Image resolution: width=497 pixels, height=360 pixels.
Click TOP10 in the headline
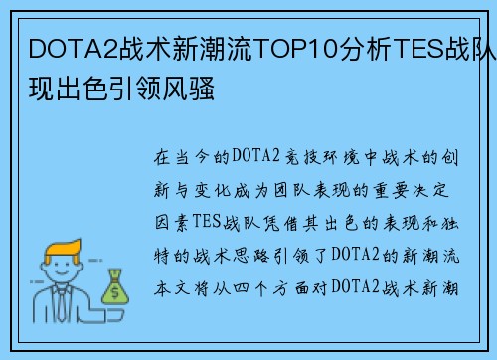(x=296, y=49)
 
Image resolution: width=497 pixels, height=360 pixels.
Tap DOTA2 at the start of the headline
(x=74, y=49)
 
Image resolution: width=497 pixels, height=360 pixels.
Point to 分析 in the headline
(x=366, y=49)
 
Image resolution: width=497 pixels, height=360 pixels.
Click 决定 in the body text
(x=430, y=190)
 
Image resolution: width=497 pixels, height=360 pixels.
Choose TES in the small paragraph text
(x=206, y=222)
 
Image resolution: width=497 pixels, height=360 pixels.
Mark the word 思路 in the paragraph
(x=251, y=256)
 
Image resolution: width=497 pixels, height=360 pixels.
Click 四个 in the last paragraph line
(x=250, y=288)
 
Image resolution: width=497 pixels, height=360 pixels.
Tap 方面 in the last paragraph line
(x=290, y=288)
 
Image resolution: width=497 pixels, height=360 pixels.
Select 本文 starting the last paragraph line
(x=172, y=288)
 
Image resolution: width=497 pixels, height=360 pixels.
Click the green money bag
(x=114, y=287)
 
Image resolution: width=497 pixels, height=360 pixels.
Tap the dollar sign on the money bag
(x=115, y=292)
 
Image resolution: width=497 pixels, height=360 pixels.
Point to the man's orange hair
(x=63, y=250)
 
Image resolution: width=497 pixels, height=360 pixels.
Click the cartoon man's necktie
(x=62, y=304)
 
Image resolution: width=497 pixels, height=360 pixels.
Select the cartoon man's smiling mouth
(x=62, y=273)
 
